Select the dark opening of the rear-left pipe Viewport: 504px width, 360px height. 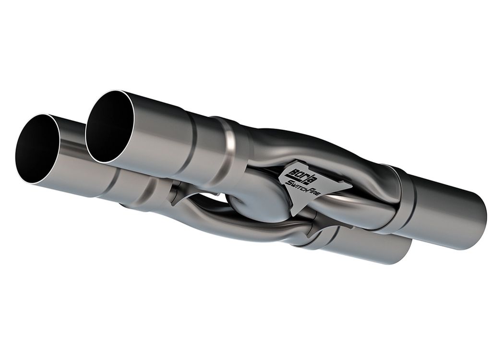[110, 126]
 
